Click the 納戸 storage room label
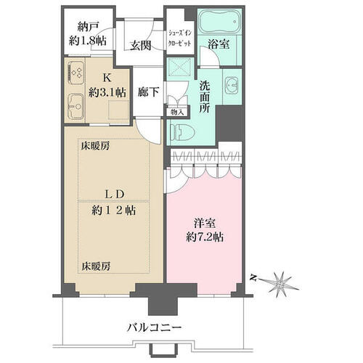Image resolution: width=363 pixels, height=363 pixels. click(x=88, y=27)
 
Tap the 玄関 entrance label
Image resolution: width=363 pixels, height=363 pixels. click(x=140, y=45)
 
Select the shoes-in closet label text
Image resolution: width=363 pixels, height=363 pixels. click(x=180, y=38)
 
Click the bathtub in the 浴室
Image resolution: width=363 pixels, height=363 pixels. click(x=219, y=22)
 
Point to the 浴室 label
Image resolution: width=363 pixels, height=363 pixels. click(x=219, y=44)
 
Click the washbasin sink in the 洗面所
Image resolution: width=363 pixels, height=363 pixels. click(x=232, y=85)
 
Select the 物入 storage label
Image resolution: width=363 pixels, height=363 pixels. click(x=177, y=112)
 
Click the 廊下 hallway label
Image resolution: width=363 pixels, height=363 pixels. click(x=148, y=91)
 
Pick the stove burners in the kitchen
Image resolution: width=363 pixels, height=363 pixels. click(x=76, y=72)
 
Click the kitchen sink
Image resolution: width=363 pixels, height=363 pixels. click(x=76, y=106)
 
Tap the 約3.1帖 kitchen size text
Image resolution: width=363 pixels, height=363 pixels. click(x=107, y=92)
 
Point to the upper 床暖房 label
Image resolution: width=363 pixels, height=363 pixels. click(x=95, y=146)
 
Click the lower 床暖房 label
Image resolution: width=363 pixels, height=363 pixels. click(x=96, y=266)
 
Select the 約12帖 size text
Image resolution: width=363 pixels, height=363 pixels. click(x=114, y=210)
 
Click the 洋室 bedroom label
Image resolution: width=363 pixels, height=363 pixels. click(x=205, y=224)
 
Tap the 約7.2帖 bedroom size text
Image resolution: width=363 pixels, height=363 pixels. click(x=205, y=237)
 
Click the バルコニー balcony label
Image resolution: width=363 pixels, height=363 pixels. click(x=155, y=328)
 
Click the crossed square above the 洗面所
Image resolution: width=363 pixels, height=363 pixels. click(x=179, y=66)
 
